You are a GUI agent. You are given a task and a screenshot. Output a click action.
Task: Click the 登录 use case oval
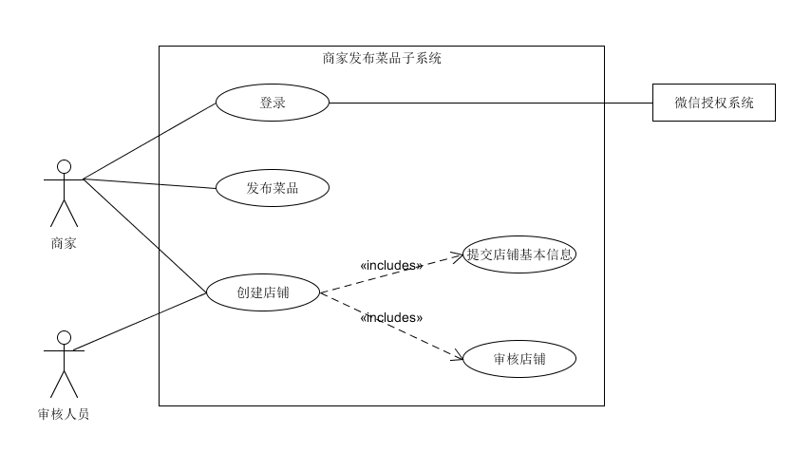coord(273,103)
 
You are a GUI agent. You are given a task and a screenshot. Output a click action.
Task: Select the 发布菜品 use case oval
coord(273,188)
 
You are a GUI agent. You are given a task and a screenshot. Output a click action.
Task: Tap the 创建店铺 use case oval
coord(263,292)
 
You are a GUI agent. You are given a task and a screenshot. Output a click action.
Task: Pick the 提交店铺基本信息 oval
coord(519,254)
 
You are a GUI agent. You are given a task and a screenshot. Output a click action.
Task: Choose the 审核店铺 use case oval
coord(519,359)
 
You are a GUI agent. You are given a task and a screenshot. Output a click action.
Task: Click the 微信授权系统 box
coord(714,103)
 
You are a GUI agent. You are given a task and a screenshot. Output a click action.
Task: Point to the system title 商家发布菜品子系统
coord(382,58)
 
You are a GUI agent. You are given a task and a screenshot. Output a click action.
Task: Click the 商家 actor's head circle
coord(64,167)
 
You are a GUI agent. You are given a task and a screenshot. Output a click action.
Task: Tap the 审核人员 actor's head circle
coord(64,337)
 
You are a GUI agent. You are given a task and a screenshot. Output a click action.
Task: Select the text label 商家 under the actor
coord(64,243)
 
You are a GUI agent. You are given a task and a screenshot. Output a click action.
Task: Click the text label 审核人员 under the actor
coord(64,413)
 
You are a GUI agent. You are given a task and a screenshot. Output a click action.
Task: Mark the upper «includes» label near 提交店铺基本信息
coord(391,266)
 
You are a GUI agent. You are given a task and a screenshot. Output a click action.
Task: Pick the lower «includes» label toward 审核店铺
coord(391,317)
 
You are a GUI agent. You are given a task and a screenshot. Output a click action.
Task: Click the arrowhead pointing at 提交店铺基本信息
coord(457,256)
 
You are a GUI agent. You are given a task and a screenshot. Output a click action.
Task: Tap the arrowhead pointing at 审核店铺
coord(457,358)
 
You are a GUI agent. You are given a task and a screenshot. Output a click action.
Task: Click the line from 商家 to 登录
coord(150,140)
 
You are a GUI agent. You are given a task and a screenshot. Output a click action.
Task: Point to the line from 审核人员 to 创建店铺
coord(141,322)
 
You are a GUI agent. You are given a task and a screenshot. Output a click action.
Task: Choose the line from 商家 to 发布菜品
coord(150,183)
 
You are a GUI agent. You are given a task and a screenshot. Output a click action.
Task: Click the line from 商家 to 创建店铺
coord(144,235)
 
